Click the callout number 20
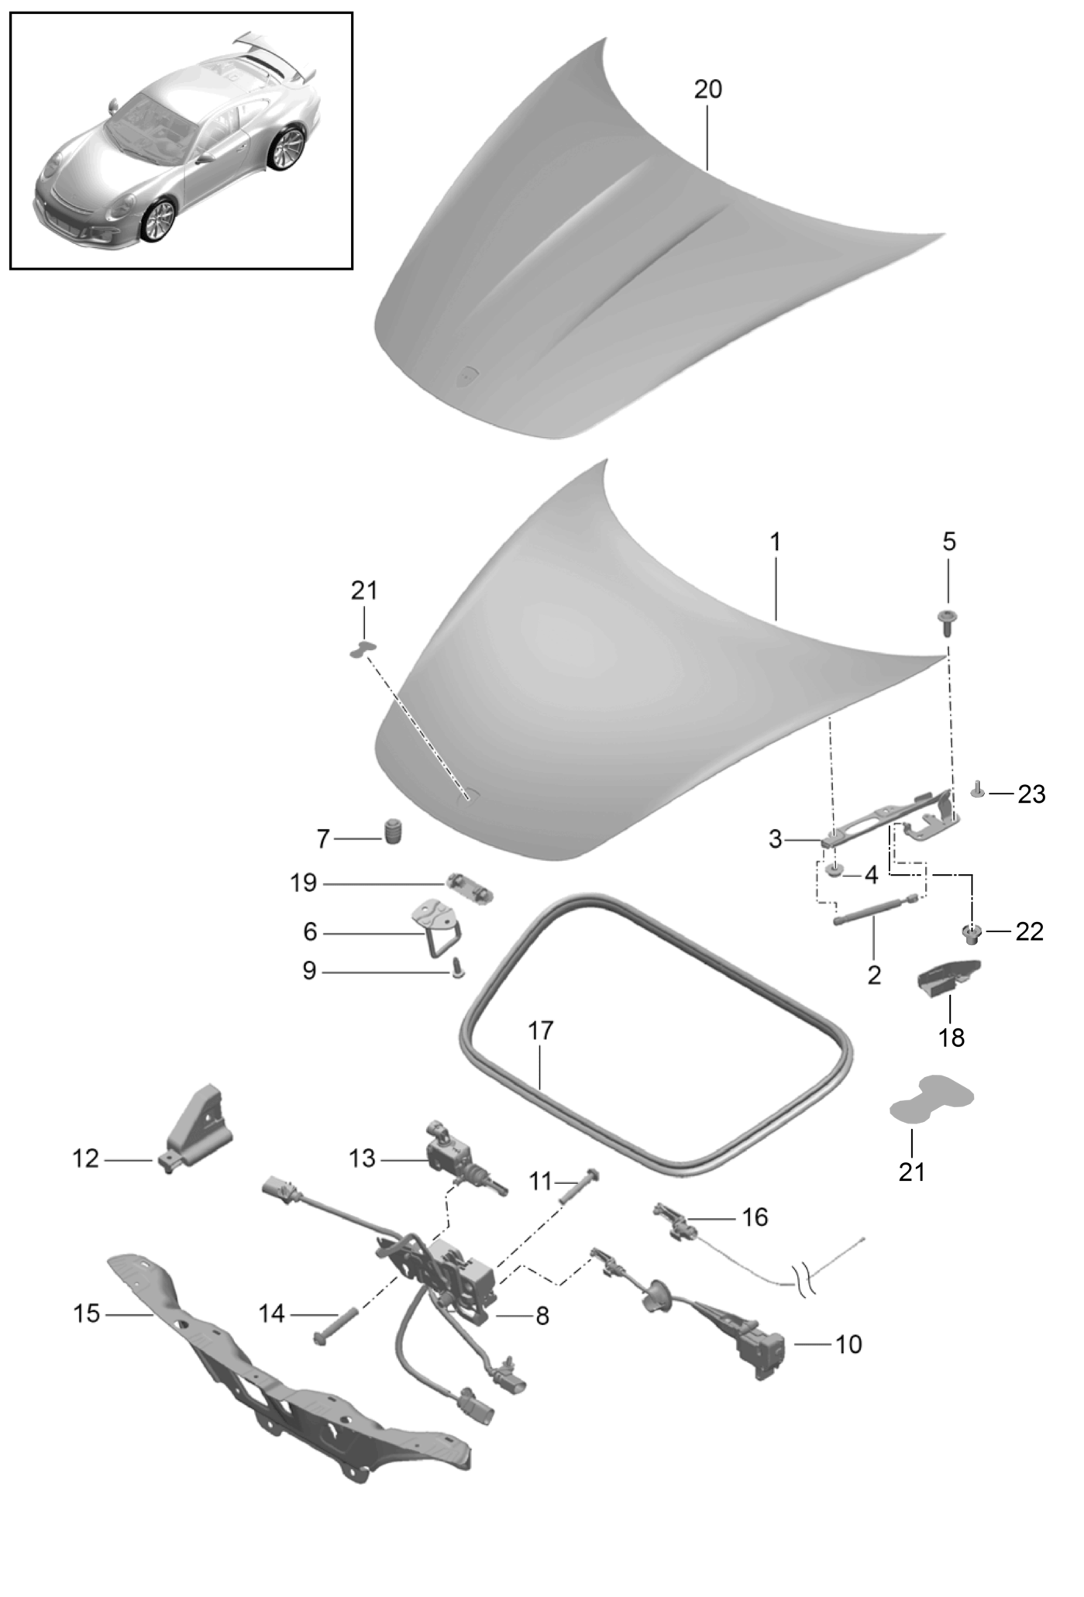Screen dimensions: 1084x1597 [x=707, y=90]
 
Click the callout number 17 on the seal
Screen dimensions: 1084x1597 [x=541, y=1031]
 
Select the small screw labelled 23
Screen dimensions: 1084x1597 [x=978, y=790]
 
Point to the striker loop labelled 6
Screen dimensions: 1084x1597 [x=435, y=928]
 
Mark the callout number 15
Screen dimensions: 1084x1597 [x=87, y=1313]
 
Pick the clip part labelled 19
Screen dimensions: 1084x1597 [x=470, y=887]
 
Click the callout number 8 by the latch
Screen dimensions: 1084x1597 [x=542, y=1316]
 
